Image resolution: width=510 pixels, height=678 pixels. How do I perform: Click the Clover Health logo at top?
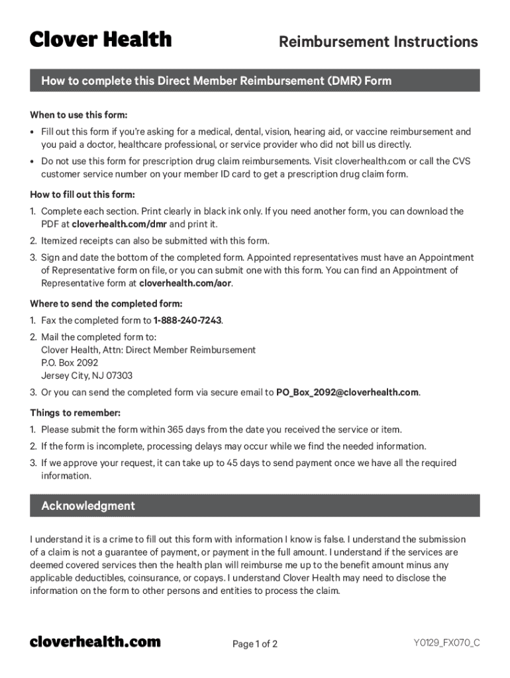click(101, 40)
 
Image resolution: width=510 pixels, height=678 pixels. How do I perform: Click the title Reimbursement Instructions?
click(378, 42)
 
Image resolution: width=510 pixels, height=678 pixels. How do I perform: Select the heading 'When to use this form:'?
click(79, 115)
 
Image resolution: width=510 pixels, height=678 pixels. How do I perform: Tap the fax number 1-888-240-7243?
click(187, 320)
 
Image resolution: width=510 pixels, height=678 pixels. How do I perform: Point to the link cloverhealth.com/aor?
click(185, 283)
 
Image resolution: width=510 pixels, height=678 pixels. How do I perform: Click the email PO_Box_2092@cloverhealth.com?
click(347, 392)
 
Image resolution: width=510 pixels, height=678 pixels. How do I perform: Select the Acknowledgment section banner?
click(255, 506)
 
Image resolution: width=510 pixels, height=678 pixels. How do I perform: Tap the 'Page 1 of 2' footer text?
click(255, 644)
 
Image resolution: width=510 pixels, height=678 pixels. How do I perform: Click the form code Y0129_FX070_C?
click(446, 643)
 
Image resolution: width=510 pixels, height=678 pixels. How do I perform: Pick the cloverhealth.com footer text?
click(95, 642)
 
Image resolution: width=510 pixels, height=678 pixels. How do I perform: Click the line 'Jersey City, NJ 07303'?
click(87, 375)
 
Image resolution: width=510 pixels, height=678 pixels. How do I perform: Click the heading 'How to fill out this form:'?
click(83, 195)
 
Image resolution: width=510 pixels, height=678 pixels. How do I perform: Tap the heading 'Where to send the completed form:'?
click(106, 304)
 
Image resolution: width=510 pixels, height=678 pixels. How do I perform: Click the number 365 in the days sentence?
click(176, 430)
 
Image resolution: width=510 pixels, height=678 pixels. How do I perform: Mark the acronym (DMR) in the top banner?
click(342, 81)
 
